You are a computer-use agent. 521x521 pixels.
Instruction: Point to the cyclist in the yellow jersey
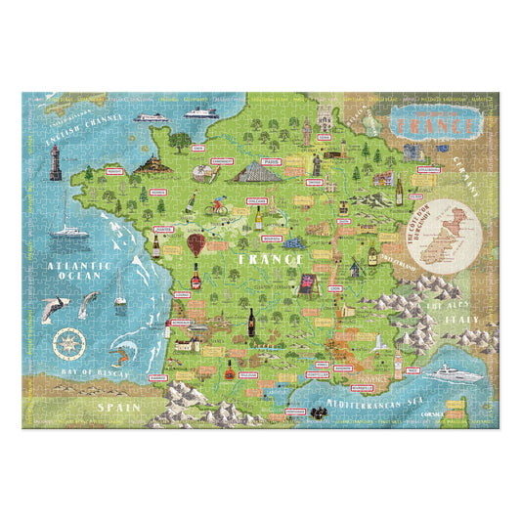pos(221,207)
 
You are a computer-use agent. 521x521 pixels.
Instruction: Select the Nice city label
pos(413,370)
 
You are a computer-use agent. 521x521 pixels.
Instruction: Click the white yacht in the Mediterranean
pos(455,372)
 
